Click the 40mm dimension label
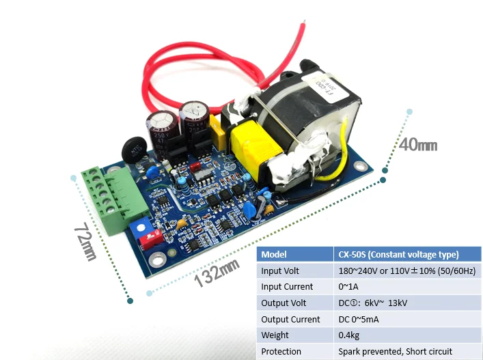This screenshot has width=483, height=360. coord(418,145)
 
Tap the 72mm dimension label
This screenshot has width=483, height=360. coord(85,241)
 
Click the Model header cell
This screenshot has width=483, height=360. coord(274,254)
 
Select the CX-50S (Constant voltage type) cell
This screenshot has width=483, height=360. coord(398,254)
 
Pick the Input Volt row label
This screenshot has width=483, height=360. coord(280,271)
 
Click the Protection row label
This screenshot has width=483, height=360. coord(281,351)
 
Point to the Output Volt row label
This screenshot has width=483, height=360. coord(283,303)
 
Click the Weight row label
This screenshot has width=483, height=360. coord(275,335)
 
